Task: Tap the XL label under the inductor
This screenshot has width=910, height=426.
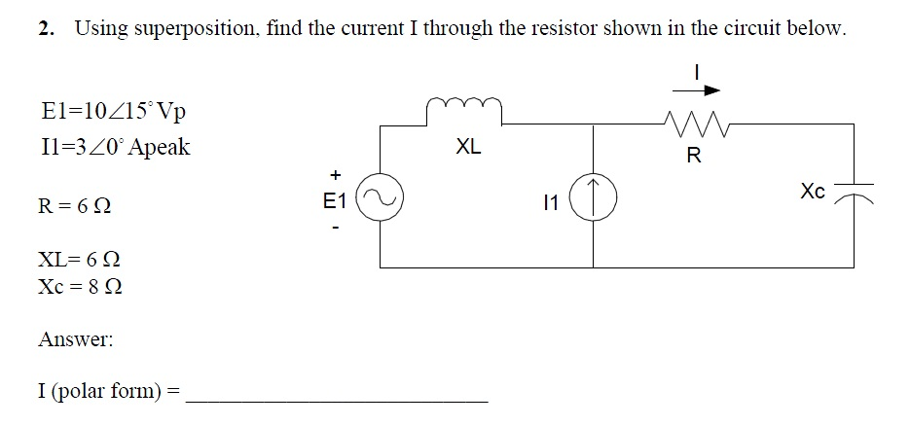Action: click(x=468, y=148)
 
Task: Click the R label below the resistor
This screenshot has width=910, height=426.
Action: click(x=693, y=155)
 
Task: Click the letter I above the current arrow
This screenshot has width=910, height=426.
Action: click(x=697, y=69)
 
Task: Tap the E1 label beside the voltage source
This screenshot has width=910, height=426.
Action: click(x=335, y=201)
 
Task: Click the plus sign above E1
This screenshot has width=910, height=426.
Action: click(x=335, y=175)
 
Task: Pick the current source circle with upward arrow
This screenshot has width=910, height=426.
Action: click(x=594, y=197)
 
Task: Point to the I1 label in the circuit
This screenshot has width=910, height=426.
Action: click(x=552, y=203)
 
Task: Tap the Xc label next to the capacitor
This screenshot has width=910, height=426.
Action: click(x=814, y=192)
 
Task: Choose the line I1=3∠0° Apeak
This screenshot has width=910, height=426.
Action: click(x=115, y=148)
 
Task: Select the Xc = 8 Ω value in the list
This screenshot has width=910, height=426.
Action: click(x=80, y=288)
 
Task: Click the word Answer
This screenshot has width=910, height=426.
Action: click(x=75, y=340)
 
